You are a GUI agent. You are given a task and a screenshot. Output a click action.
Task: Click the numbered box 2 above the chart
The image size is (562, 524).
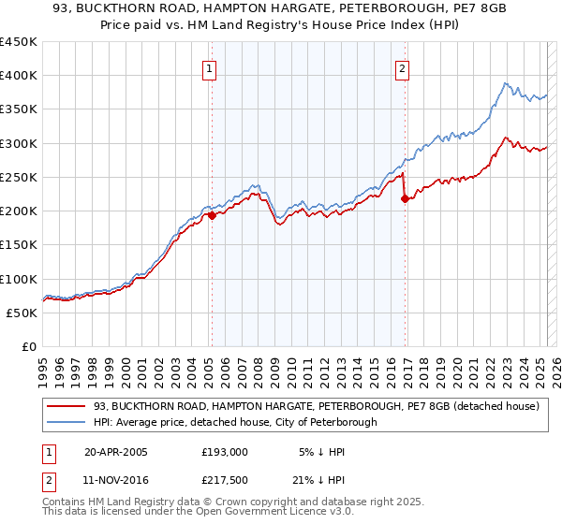(402, 68)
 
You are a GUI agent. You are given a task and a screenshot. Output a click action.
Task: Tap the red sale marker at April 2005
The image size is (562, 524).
(212, 215)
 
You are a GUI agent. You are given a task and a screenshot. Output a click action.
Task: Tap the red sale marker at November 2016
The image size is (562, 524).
(404, 198)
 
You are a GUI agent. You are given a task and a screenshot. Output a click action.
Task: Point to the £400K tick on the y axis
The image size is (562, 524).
(19, 76)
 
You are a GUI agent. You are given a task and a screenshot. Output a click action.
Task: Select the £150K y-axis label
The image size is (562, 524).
(19, 244)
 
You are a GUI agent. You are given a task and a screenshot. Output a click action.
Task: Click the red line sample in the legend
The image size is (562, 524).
(66, 407)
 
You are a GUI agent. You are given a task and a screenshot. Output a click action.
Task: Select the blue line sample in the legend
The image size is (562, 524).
(66, 422)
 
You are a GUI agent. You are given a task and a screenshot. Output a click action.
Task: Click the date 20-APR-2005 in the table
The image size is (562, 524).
(116, 452)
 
